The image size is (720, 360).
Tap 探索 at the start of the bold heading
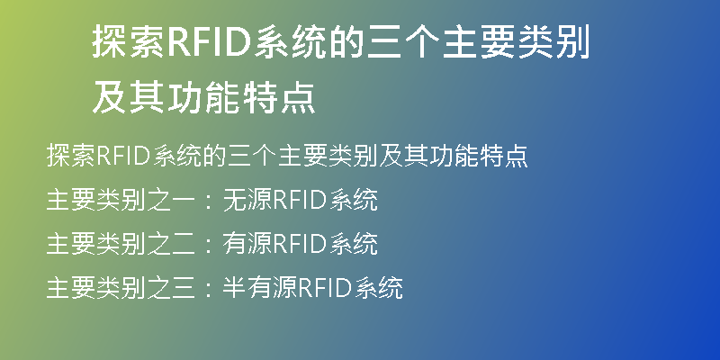click(129, 41)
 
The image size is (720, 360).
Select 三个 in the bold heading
click(403, 41)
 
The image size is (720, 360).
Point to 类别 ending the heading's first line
click(553, 41)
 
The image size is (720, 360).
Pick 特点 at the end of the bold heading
click(278, 97)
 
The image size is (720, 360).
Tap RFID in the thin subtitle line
click(123, 156)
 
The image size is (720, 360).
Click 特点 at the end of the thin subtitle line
click(503, 156)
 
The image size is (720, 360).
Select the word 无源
click(248, 200)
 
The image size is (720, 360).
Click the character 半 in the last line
click(235, 288)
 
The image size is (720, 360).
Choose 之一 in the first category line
click(171, 200)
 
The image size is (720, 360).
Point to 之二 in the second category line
click(171, 244)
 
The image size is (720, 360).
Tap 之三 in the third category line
click(171, 288)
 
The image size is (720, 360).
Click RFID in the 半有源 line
click(326, 288)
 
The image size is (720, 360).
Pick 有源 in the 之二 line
click(248, 244)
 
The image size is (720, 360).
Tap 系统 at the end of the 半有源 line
click(379, 288)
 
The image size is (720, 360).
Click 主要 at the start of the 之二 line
click(71, 244)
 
